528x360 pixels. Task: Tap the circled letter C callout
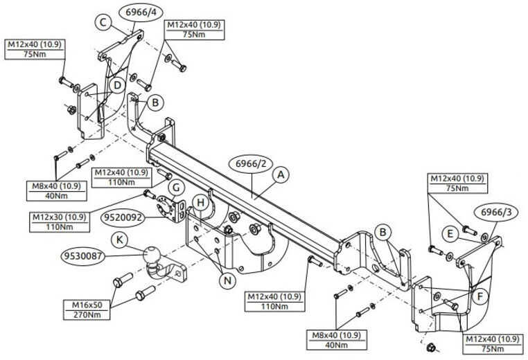tap(103, 23)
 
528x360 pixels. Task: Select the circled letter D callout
tap(117, 85)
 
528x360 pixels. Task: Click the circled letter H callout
tap(201, 203)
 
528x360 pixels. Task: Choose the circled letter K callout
tap(120, 240)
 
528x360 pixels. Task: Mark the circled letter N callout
tap(228, 280)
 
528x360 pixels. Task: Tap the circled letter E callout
tap(450, 233)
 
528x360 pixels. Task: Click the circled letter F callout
tap(480, 296)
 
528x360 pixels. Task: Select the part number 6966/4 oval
tap(141, 12)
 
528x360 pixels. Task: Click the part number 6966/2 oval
tap(251, 164)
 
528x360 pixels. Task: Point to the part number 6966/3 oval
tap(496, 213)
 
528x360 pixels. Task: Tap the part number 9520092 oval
tap(123, 217)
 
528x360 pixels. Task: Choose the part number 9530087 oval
tap(83, 256)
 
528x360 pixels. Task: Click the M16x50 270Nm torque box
tap(87, 310)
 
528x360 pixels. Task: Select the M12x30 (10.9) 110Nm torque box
tap(60, 222)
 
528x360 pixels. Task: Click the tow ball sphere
tap(152, 255)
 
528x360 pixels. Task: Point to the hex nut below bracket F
tap(430, 347)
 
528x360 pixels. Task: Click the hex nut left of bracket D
tap(71, 109)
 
